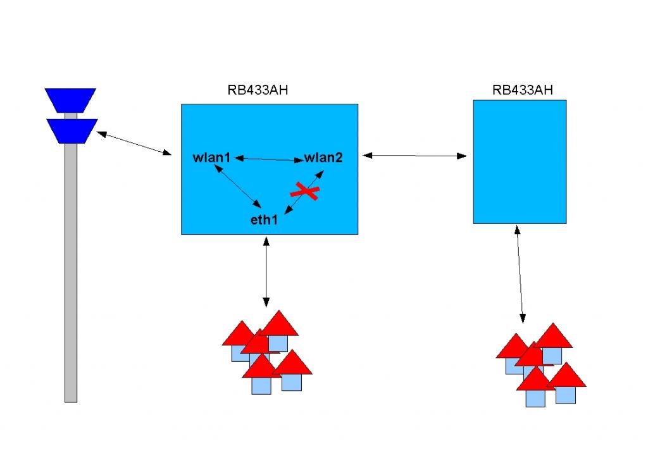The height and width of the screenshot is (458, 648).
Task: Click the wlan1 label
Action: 212,158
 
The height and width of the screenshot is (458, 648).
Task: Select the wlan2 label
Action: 323,158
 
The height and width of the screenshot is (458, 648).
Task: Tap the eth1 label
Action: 265,220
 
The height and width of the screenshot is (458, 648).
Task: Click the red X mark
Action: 304,190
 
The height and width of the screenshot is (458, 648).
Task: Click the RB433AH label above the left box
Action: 258,90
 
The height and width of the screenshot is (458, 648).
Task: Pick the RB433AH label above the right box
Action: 522,90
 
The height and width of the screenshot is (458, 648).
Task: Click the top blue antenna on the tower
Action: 70,99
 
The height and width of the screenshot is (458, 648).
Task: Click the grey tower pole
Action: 71,272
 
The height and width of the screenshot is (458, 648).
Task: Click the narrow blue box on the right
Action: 520,161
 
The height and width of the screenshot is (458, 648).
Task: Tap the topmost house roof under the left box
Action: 279,323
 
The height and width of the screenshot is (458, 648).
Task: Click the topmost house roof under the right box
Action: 553,336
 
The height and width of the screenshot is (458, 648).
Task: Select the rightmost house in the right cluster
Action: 566,383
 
